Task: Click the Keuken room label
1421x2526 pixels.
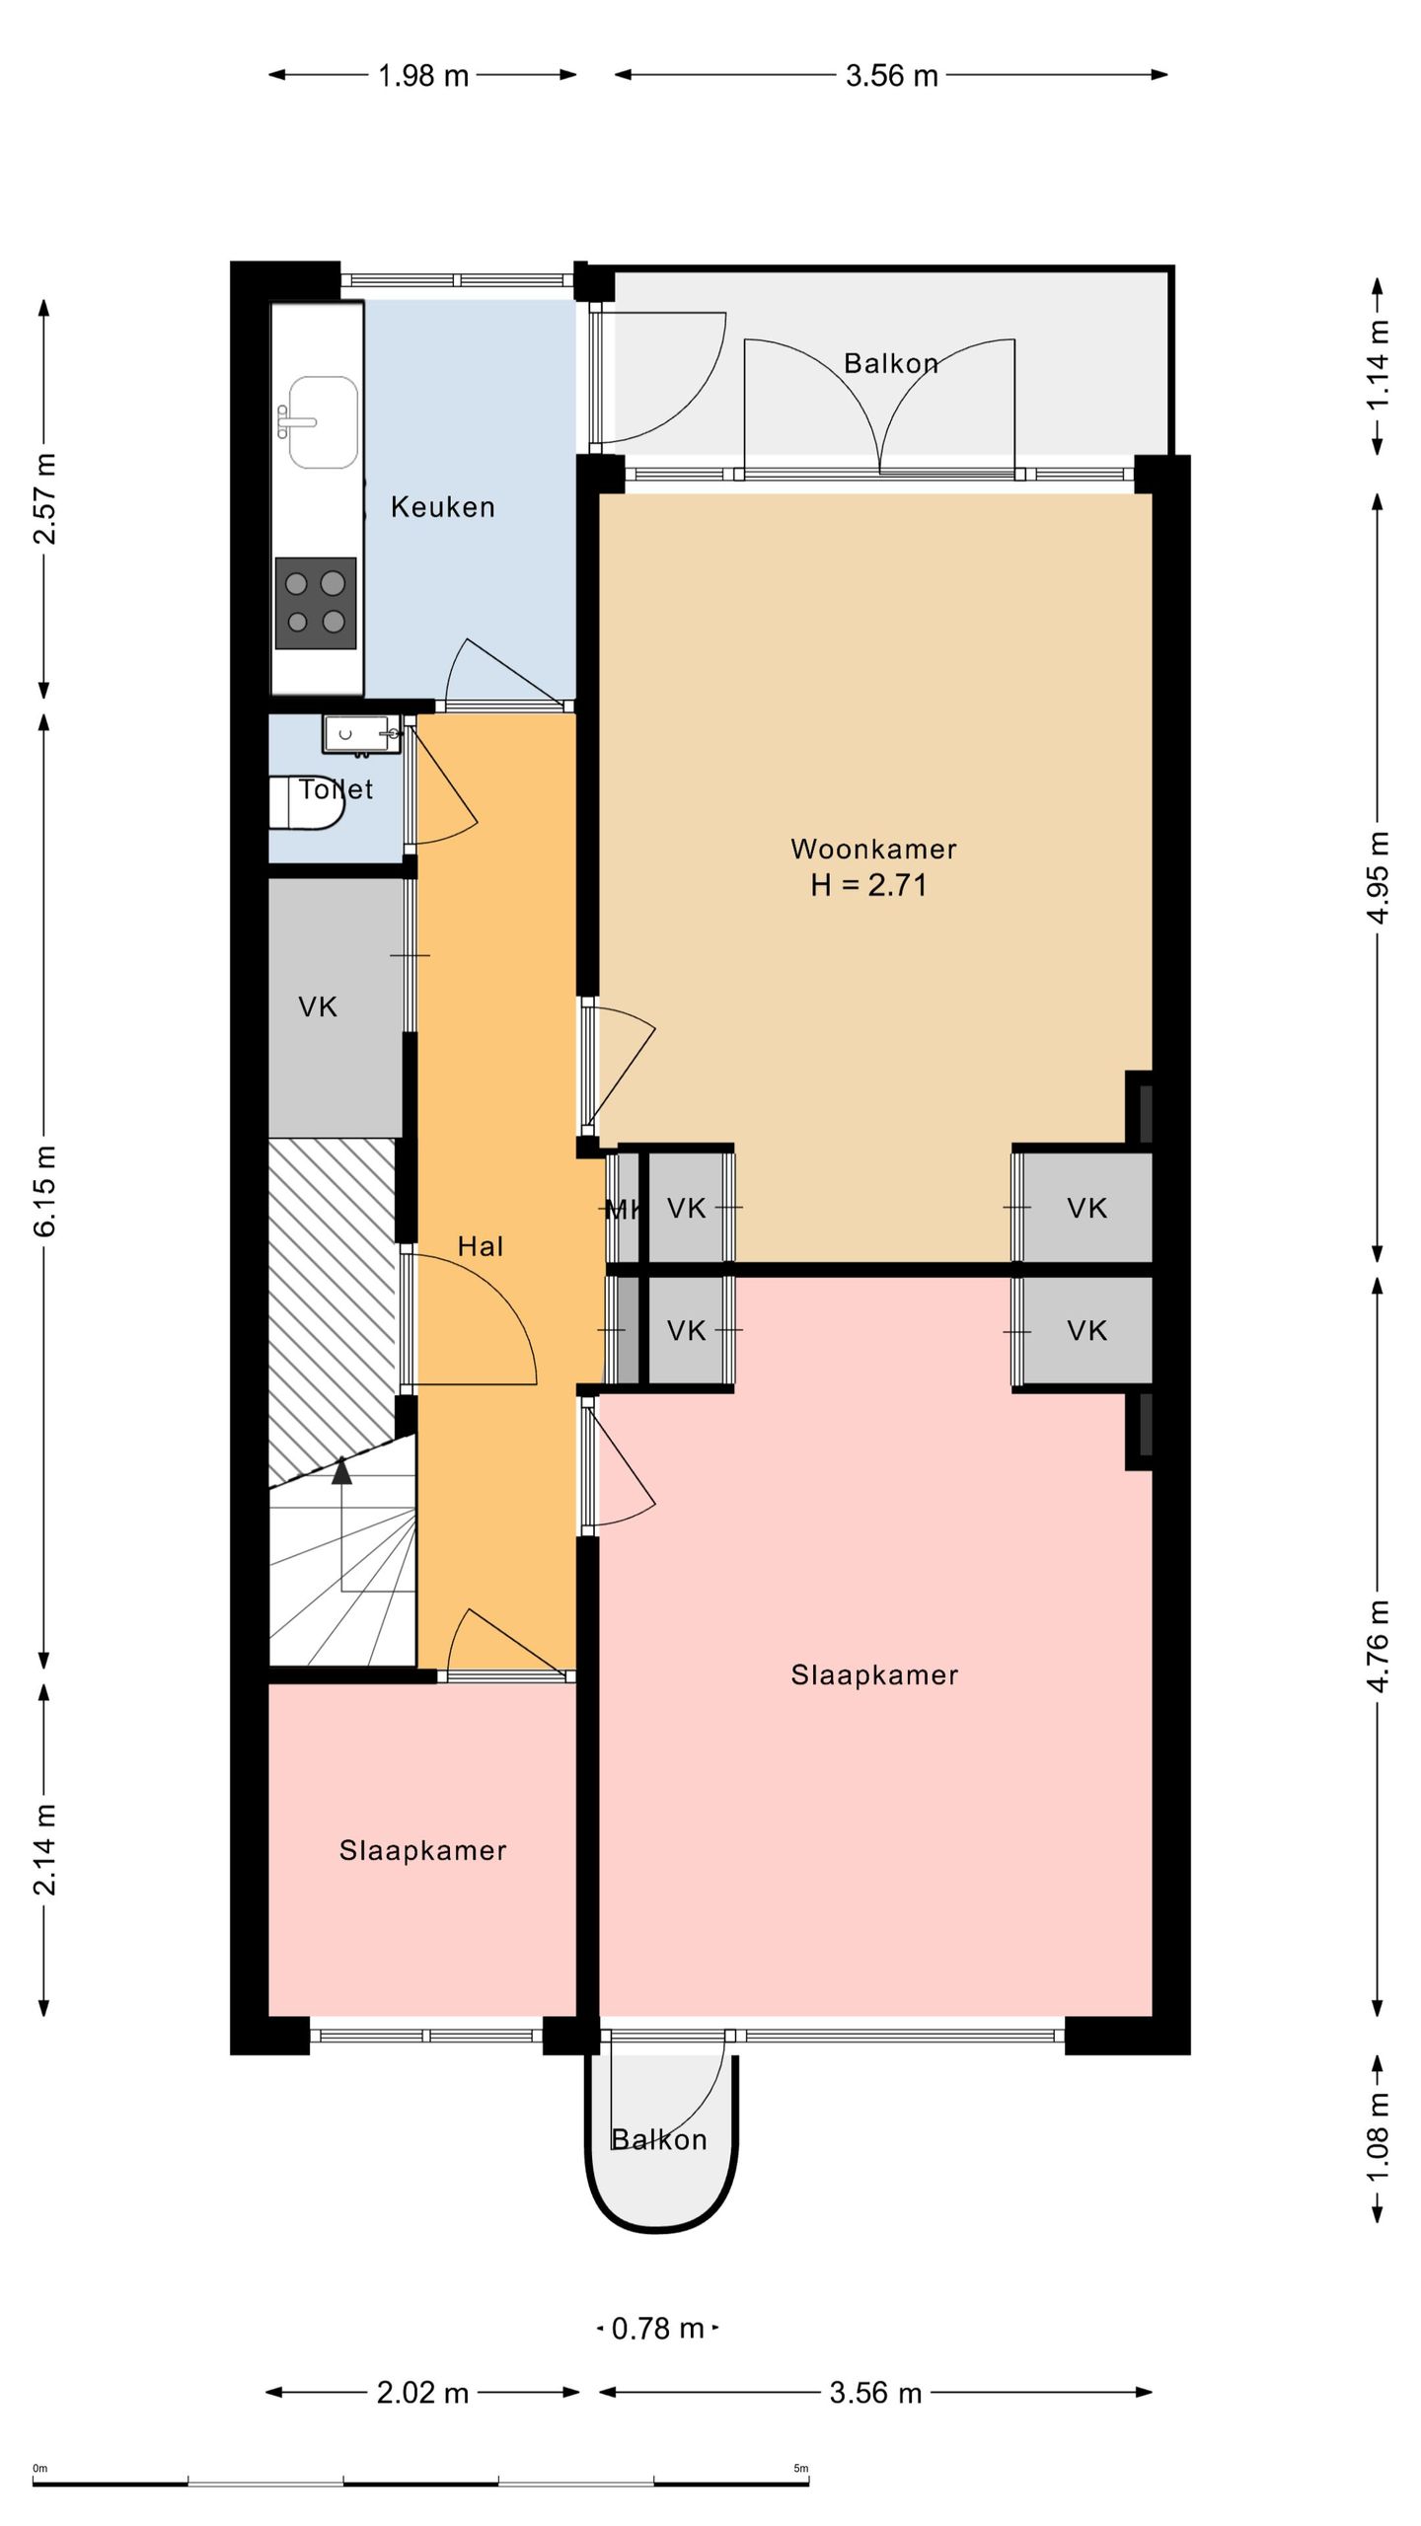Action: point(442,507)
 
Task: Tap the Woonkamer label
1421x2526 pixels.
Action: point(873,849)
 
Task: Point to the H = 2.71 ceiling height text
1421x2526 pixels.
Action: point(869,885)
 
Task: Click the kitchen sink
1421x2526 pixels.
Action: point(322,422)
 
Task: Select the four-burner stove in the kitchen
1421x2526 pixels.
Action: point(316,603)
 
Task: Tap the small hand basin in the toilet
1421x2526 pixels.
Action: point(361,735)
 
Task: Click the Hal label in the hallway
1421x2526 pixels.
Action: point(481,1246)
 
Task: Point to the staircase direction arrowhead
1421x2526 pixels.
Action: point(341,1470)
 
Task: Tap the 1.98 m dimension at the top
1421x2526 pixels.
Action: point(423,75)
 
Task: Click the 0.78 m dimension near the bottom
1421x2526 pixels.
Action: point(658,2329)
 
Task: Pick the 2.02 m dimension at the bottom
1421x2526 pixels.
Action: point(422,2393)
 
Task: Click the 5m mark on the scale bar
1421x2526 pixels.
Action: point(801,2469)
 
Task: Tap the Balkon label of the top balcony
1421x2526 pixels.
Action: point(891,363)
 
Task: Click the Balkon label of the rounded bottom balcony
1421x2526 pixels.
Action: point(659,2139)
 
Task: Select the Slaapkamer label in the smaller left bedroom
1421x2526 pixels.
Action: point(423,1850)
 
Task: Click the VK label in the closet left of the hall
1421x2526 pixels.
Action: point(318,1006)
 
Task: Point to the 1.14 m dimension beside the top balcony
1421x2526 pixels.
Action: point(1378,365)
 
